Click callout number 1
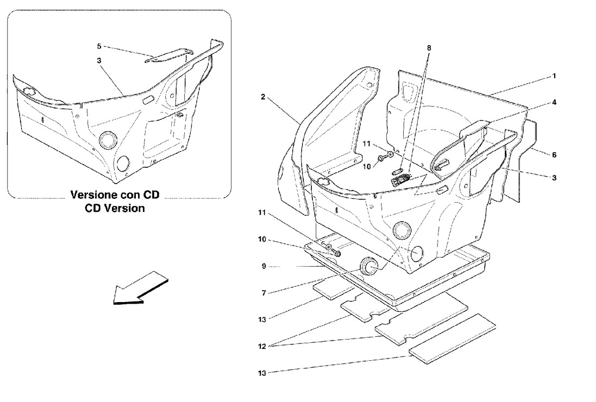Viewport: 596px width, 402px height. point(554,76)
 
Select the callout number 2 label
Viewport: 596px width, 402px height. point(263,97)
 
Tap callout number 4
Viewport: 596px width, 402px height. point(554,102)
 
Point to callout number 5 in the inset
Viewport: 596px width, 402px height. point(99,46)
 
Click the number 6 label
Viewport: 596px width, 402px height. point(554,155)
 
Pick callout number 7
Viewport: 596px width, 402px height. point(264,293)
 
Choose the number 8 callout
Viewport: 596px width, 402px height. point(429,48)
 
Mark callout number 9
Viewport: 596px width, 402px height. point(264,266)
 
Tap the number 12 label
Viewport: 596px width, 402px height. point(262,346)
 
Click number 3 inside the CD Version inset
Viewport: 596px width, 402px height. point(99,60)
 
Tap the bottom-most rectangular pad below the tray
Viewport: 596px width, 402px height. point(453,338)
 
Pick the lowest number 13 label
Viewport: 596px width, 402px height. point(262,373)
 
